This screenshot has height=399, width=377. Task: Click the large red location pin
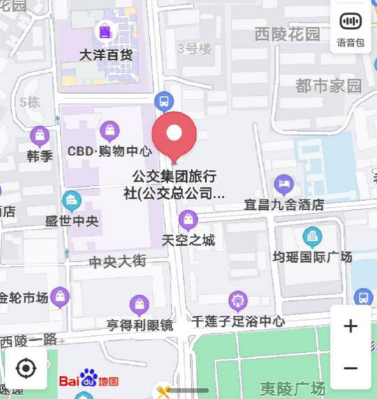pos(174,135)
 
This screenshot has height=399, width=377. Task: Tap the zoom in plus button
pos(350,326)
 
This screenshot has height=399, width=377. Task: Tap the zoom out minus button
pos(350,368)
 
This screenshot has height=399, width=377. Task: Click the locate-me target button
pos(26,368)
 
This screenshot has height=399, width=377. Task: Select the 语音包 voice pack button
pos(350,29)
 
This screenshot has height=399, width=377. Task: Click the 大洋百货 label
pos(106,54)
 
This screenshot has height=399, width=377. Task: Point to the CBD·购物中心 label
pos(109,150)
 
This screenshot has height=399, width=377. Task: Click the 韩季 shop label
pos(40,155)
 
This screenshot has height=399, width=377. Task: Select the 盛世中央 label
pos(72,220)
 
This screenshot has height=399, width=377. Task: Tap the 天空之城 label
pos(188,240)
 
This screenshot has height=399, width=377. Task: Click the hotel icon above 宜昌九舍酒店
pos(283,185)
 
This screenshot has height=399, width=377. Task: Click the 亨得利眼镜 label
pos(139,325)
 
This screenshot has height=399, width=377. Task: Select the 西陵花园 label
pos(287,34)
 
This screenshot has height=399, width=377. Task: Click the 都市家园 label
pos(328,86)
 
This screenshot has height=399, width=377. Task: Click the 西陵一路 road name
pos(29,341)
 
